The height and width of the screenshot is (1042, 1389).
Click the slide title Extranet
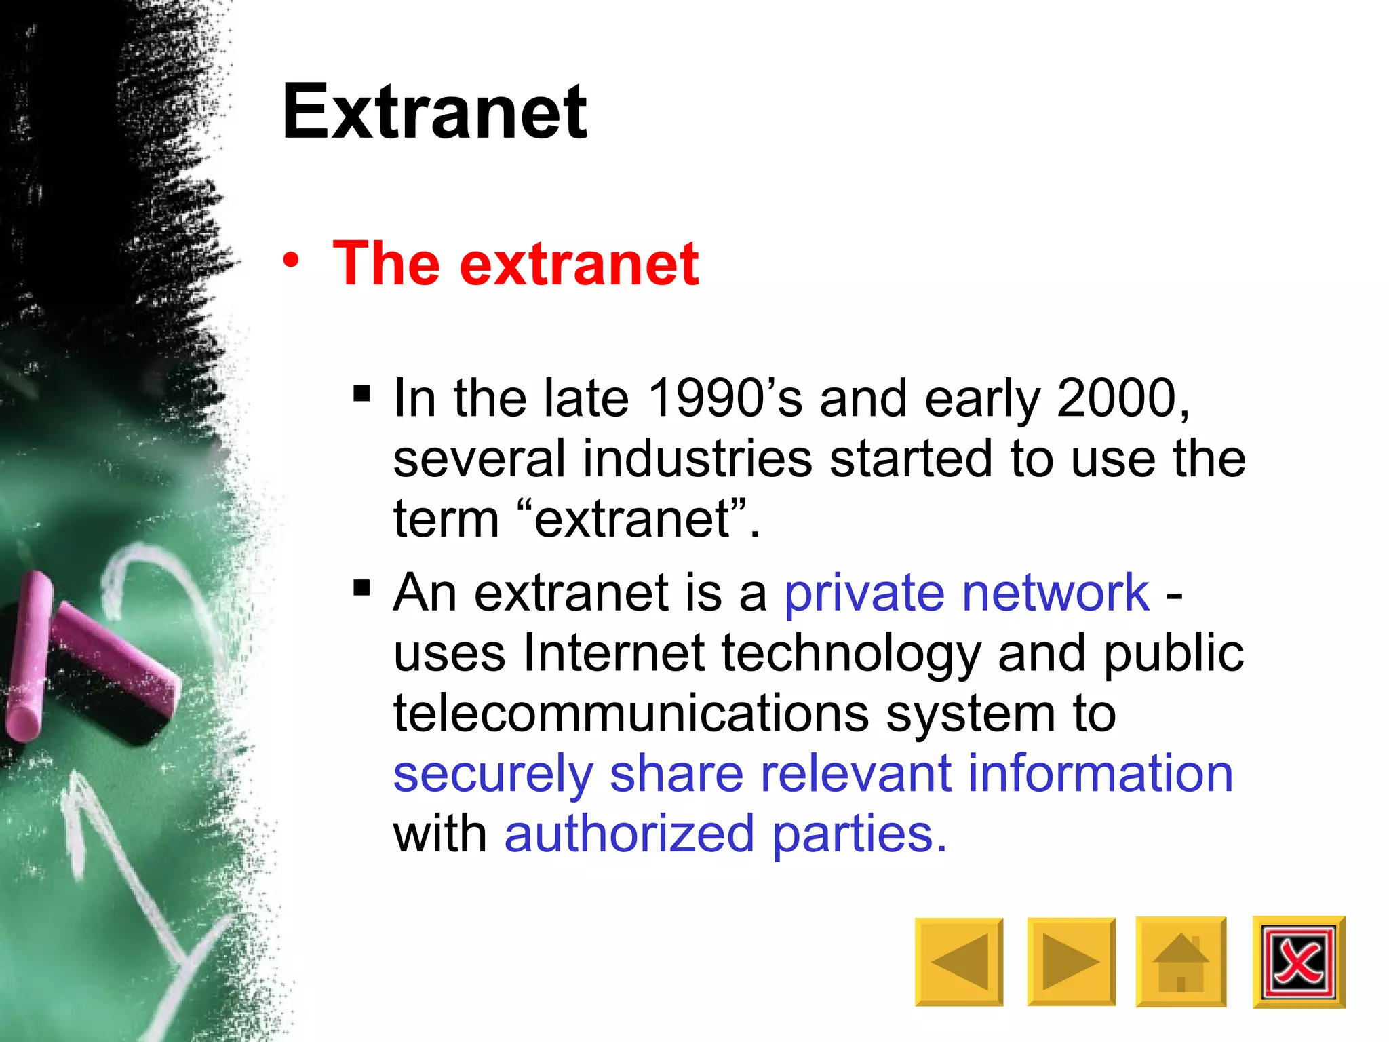click(434, 112)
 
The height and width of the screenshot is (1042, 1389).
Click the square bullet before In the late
click(361, 393)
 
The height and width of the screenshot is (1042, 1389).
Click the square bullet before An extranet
click(361, 587)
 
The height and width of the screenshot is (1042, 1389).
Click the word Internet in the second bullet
click(614, 653)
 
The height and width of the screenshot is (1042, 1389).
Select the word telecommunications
click(631, 714)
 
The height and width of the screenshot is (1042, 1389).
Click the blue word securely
click(493, 775)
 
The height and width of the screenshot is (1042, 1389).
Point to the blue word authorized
click(629, 834)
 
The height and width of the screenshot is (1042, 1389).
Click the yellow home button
click(1181, 962)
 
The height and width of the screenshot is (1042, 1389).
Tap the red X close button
click(1298, 962)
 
